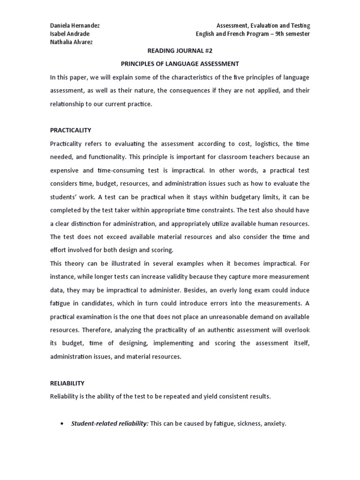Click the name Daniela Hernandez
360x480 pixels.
tap(75, 26)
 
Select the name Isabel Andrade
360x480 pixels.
tap(69, 34)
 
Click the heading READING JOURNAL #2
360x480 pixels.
tap(180, 52)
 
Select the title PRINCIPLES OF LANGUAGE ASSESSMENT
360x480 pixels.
tap(180, 64)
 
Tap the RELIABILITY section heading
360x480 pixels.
tap(67, 383)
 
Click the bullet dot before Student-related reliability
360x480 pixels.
tap(62, 424)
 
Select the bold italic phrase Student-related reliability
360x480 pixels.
tap(110, 424)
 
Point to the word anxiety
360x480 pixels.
tap(274, 424)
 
